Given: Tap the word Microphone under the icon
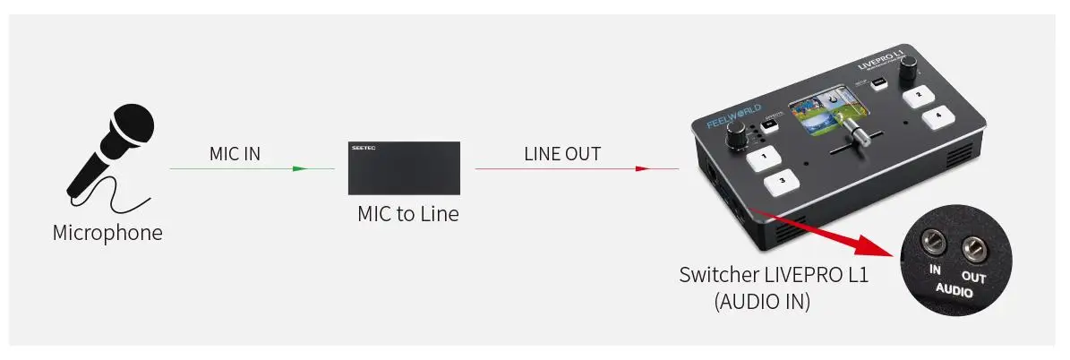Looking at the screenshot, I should tap(107, 234).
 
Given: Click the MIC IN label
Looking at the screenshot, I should tap(235, 153).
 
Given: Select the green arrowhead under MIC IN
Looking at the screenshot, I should tap(299, 168).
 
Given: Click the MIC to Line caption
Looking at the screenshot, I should tap(407, 214).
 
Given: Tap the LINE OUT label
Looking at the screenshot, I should tap(562, 153).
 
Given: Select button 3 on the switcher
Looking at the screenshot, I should tap(783, 181).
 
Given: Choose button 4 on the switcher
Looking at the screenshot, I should tap(937, 115).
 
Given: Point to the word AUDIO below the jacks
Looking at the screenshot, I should tap(954, 290).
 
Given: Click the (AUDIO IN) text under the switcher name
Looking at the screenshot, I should tap(762, 303).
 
